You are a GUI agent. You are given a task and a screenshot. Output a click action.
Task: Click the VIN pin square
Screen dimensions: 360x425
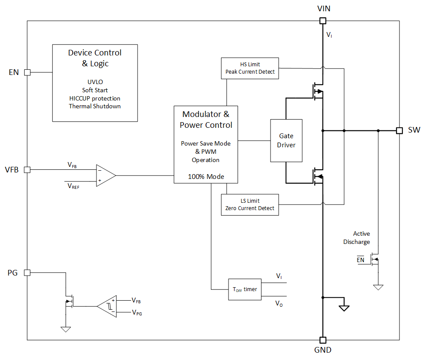pyautogui.click(x=322, y=21)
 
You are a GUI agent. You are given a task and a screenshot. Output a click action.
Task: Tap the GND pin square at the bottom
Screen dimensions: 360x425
pyautogui.click(x=322, y=340)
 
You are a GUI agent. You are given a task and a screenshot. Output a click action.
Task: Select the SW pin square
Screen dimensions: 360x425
pyautogui.click(x=399, y=130)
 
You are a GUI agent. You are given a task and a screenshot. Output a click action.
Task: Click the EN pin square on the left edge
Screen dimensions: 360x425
pyautogui.click(x=27, y=72)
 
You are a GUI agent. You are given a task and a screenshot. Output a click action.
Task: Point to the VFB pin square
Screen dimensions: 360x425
pyautogui.click(x=27, y=170)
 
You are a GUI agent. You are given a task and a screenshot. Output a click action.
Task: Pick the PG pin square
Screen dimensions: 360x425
pyautogui.click(x=27, y=273)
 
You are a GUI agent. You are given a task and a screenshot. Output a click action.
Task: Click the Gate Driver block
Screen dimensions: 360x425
pyautogui.click(x=286, y=140)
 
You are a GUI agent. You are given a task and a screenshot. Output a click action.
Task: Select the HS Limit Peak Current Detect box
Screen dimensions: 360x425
pyautogui.click(x=250, y=68)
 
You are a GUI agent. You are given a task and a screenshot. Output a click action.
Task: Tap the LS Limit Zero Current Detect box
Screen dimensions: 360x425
pyautogui.click(x=250, y=205)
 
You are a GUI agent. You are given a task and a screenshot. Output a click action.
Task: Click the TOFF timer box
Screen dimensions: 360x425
pyautogui.click(x=245, y=289)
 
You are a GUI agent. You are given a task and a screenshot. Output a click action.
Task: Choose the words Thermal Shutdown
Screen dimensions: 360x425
pyautogui.click(x=95, y=106)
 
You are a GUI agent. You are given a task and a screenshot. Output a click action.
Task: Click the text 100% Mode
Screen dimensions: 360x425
pyautogui.click(x=206, y=177)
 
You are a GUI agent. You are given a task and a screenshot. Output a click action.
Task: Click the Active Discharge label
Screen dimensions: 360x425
pyautogui.click(x=357, y=238)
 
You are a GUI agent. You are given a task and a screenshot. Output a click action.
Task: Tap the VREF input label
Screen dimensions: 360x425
pyautogui.click(x=74, y=185)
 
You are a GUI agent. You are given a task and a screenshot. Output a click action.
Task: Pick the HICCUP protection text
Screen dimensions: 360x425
pyautogui.click(x=95, y=98)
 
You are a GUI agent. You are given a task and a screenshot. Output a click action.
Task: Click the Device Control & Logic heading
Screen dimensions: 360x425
pyautogui.click(x=95, y=58)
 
